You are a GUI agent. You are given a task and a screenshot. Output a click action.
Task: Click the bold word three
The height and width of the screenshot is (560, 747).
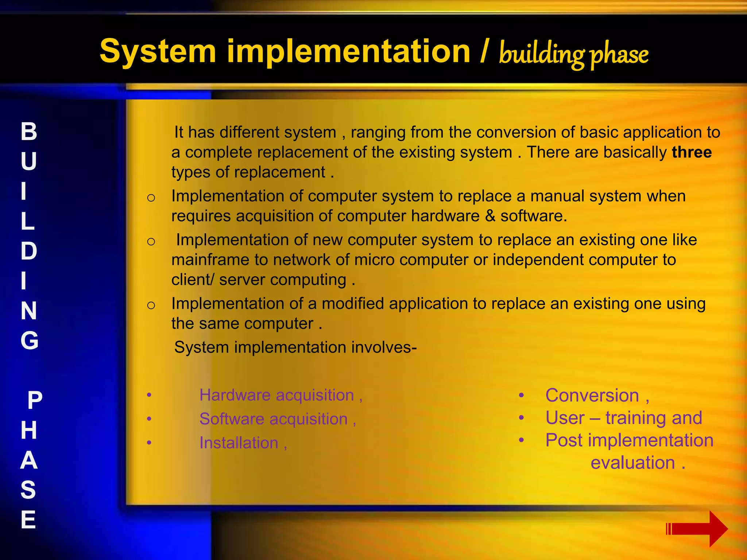(x=692, y=152)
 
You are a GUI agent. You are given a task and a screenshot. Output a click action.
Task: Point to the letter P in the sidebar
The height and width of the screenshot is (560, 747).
(x=35, y=400)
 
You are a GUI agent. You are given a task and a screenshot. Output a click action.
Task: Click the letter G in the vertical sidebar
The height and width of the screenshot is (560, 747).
(x=29, y=341)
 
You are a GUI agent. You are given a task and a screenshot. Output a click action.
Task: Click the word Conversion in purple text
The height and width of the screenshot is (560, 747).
(x=592, y=396)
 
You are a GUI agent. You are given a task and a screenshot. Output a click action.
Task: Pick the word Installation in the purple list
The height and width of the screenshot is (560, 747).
(x=239, y=443)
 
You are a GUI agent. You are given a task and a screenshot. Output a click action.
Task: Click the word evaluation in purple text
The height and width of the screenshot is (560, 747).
(x=633, y=463)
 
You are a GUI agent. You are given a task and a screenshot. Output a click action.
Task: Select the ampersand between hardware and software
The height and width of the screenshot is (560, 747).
(x=490, y=216)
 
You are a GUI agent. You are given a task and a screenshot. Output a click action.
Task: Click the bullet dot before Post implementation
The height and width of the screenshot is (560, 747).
(x=522, y=440)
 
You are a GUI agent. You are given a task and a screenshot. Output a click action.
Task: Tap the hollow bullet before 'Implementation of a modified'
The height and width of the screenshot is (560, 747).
(x=151, y=305)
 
